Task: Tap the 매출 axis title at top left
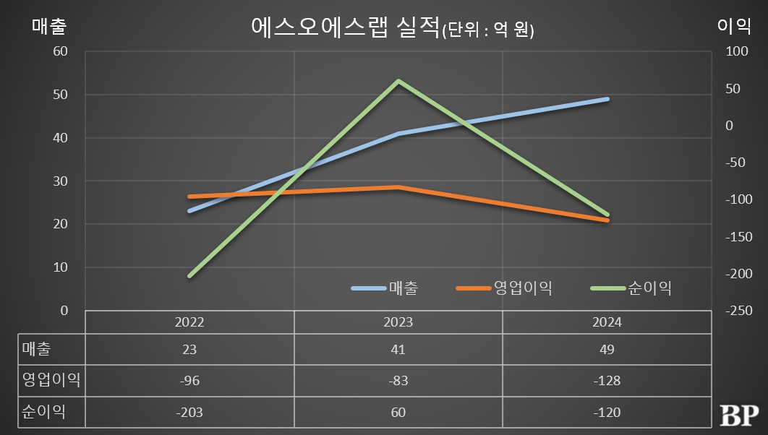pos(49,26)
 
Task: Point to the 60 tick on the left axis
pos(60,52)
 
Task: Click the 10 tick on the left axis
pos(60,267)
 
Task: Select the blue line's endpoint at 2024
pos(607,99)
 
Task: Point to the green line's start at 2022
pos(189,276)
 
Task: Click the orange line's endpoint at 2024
pos(607,220)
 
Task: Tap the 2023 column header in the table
pos(398,322)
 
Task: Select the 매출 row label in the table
pos(37,350)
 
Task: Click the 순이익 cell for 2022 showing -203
pos(189,413)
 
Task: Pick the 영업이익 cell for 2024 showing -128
pos(607,381)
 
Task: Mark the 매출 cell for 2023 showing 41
pos(398,350)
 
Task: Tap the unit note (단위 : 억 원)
pos(487,31)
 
